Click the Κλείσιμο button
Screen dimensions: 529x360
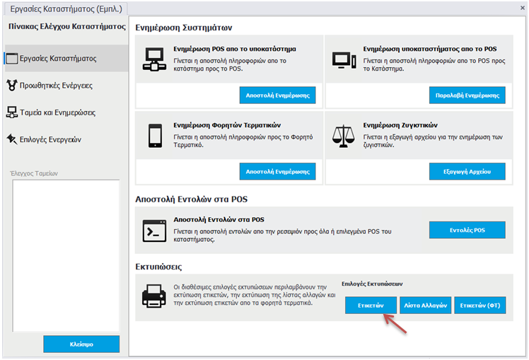(x=81, y=344)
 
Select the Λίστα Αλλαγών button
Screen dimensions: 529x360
(x=426, y=306)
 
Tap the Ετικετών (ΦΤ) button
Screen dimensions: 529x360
(x=480, y=306)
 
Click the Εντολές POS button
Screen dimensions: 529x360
(x=467, y=230)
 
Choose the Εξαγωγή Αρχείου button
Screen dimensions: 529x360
(x=467, y=171)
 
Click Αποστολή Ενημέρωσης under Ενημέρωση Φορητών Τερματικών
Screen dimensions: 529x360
(x=278, y=171)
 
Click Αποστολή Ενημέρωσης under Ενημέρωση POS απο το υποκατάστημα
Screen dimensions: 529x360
(x=278, y=95)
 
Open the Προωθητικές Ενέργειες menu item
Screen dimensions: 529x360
(x=50, y=86)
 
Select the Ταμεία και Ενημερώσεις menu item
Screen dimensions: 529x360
(x=51, y=112)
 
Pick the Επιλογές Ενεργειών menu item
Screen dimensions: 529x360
(x=44, y=139)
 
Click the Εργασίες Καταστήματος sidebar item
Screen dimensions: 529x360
(x=52, y=59)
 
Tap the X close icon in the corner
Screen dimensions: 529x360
(x=522, y=8)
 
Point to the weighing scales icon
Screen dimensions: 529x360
(x=343, y=136)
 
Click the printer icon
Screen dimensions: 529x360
(x=154, y=296)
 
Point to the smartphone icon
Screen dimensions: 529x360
(x=155, y=136)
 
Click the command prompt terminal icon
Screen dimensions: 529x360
(x=154, y=231)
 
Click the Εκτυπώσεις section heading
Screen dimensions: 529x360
(x=158, y=267)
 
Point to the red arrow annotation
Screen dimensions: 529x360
(x=395, y=323)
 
